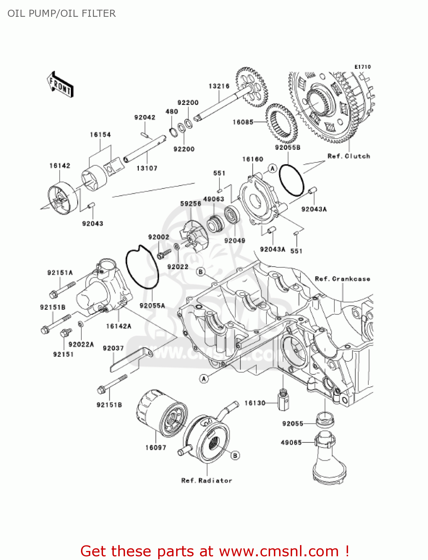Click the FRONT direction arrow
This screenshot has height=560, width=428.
tap(60, 85)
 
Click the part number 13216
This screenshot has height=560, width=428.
tap(219, 86)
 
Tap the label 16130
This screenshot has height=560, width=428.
tap(255, 403)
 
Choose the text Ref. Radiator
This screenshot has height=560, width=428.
tap(206, 480)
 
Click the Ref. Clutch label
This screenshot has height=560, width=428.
tap(349, 156)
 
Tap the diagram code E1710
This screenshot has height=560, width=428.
tap(362, 67)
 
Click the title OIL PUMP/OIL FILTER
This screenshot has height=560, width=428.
tap(62, 13)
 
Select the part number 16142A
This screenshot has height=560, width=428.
tap(119, 326)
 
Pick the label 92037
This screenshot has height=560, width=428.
tap(113, 348)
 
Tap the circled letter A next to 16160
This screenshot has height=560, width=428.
tap(272, 169)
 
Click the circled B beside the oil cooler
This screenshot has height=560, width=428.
tap(235, 455)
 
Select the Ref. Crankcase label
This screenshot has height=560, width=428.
tap(342, 279)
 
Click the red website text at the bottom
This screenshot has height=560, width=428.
tap(215, 551)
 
